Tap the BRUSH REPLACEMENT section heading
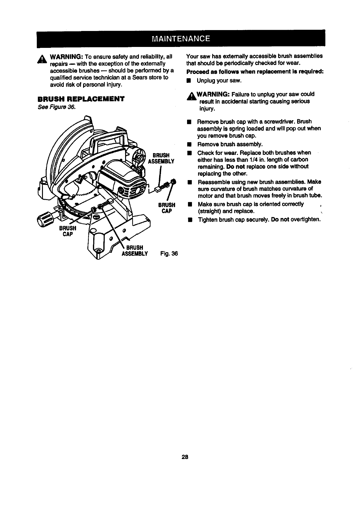point(81,99)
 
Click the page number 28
point(184,457)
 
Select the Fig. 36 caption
point(169,254)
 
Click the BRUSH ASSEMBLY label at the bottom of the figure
point(135,251)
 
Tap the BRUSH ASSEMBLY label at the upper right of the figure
point(161,158)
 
